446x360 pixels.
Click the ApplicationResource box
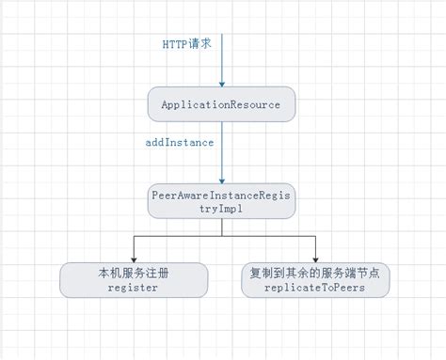pyautogui.click(x=222, y=104)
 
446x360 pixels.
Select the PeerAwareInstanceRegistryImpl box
pyautogui.click(x=222, y=202)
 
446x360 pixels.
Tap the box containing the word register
pyautogui.click(x=133, y=280)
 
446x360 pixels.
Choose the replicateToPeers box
pyautogui.click(x=315, y=280)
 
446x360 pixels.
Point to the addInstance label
pyautogui.click(x=180, y=142)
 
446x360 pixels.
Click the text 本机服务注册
pyautogui.click(x=133, y=273)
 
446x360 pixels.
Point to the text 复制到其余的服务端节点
pyautogui.click(x=315, y=273)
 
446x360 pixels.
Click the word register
pyautogui.click(x=133, y=289)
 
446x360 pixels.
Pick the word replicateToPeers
pyautogui.click(x=315, y=289)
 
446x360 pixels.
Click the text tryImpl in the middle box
pyautogui.click(x=222, y=210)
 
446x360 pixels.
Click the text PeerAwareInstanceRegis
pyautogui.click(x=222, y=195)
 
